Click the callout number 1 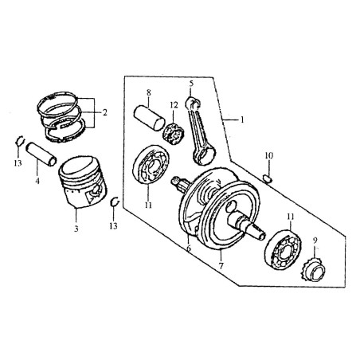pos(242,120)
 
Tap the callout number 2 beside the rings pos(104,112)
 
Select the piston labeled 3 pos(83,182)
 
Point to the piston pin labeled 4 pos(41,155)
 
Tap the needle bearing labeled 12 pos(174,134)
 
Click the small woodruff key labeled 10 pos(268,178)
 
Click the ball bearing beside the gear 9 pos(283,248)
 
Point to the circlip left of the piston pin pos(20,142)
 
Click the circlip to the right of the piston pos(115,202)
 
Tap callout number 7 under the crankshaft pos(221,265)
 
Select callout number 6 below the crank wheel pos(189,248)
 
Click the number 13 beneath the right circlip pos(113,226)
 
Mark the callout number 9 pos(315,241)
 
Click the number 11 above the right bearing pos(290,217)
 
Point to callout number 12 pos(174,105)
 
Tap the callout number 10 pos(268,155)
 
